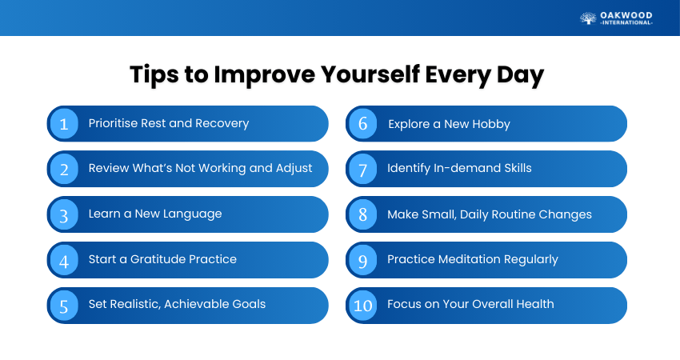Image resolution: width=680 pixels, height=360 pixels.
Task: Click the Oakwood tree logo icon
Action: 588,18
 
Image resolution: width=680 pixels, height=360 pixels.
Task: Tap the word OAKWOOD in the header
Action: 626,16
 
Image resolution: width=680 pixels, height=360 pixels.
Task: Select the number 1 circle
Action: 64,124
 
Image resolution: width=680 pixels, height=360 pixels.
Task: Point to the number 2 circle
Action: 64,169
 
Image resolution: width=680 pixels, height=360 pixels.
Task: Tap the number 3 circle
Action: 64,214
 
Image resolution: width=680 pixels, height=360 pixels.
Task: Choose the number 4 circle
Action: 64,260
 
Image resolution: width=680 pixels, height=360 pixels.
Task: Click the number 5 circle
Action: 64,306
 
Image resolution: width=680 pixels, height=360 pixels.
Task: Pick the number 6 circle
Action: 363,124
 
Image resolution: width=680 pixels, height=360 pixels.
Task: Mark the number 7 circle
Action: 363,169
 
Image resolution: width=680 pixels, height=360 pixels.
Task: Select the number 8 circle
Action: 363,214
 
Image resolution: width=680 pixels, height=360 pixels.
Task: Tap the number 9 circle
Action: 363,260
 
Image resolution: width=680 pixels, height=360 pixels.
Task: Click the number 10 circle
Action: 363,306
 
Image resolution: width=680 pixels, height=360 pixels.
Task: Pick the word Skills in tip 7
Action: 518,168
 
